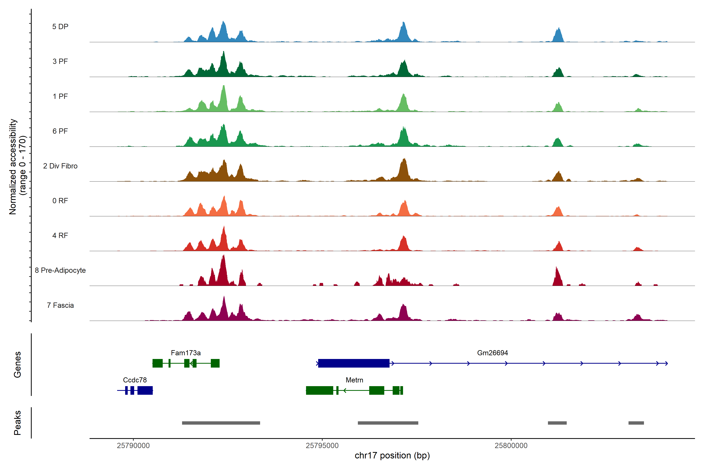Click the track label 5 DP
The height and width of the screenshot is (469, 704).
coord(60,27)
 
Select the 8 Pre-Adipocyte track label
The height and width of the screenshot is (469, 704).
coord(60,270)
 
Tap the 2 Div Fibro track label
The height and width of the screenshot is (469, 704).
coord(60,166)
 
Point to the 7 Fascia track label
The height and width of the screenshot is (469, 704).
coord(60,305)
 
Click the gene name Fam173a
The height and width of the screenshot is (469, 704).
coord(186,353)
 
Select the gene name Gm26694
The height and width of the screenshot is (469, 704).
coord(492,353)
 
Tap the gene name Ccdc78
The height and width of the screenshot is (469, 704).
coord(135,380)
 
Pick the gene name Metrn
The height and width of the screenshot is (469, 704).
coord(354,380)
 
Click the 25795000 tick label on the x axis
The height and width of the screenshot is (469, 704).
coord(322,446)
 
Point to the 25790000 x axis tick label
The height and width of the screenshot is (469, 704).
coord(133,446)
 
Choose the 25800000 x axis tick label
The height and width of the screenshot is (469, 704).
coord(511,446)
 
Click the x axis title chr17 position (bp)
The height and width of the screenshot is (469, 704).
coord(392,456)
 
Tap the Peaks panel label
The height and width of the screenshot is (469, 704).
coord(17,423)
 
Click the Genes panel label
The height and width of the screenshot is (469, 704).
coord(17,365)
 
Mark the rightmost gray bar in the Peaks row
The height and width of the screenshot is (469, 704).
coord(636,423)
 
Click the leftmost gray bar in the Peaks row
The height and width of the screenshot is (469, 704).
coord(221,423)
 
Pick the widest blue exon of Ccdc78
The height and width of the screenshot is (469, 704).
coord(145,390)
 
